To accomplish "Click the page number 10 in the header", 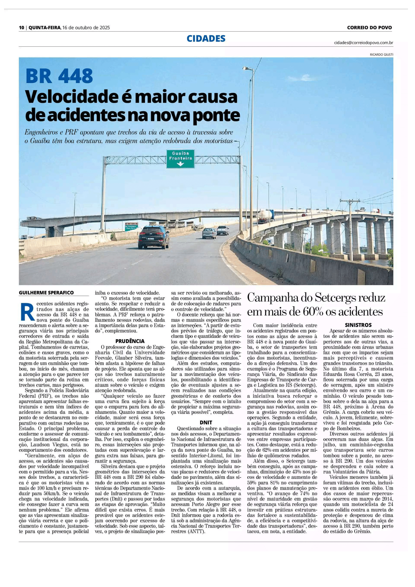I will (x=21, y=28).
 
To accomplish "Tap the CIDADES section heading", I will (x=206, y=39).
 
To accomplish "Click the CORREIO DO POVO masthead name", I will (x=369, y=28).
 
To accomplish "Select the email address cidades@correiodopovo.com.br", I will (x=363, y=43).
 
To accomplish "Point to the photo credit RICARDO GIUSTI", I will (x=382, y=54).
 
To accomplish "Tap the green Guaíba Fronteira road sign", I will (x=180, y=159).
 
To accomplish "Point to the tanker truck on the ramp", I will (x=265, y=215).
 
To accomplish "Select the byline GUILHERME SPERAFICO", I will (x=46, y=293).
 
